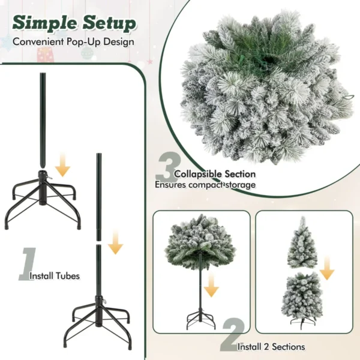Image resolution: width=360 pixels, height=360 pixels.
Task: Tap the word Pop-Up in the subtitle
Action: (83, 42)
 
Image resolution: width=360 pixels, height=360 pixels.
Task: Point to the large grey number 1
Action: (28, 264)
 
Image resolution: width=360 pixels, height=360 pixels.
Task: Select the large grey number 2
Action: (232, 335)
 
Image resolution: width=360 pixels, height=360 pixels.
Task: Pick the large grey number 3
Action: (167, 166)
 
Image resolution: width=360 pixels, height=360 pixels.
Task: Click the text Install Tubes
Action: (55, 276)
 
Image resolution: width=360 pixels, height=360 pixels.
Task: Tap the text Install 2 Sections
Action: (271, 347)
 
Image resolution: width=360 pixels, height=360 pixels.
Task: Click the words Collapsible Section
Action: (215, 174)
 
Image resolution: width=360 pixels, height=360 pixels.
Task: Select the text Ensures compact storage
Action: (205, 185)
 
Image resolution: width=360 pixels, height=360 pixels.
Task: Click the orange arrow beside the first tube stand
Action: (62, 166)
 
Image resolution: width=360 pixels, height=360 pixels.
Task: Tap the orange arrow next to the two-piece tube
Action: (115, 242)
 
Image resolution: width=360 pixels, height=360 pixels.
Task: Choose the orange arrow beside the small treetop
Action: (327, 268)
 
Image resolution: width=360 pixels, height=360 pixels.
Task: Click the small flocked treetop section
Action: (302, 243)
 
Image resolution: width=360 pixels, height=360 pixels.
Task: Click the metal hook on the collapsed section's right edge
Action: (347, 97)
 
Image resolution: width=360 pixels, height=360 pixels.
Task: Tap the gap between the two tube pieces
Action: (99, 242)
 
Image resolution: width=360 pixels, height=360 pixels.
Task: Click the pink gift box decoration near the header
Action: (46, 55)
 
